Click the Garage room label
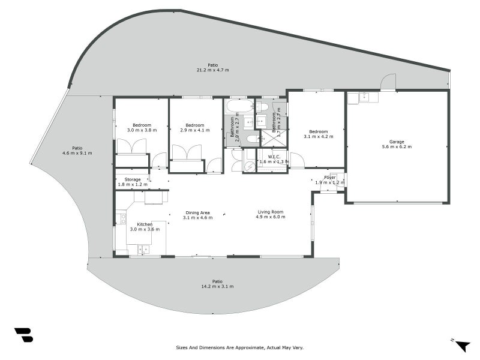point(397,142)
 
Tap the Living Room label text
point(271,212)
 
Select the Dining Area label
point(197,213)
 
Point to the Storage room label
point(133,179)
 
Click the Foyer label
point(330,178)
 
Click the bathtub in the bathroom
point(241,107)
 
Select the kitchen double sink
point(143,250)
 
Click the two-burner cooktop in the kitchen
point(123,218)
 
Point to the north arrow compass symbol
point(461,345)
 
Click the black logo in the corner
point(24,335)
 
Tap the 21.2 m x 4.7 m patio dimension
point(213,70)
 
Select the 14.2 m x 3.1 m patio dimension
point(217,287)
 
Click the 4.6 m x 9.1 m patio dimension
point(77,153)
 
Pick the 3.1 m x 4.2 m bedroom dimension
point(319,137)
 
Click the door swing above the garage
point(388,82)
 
